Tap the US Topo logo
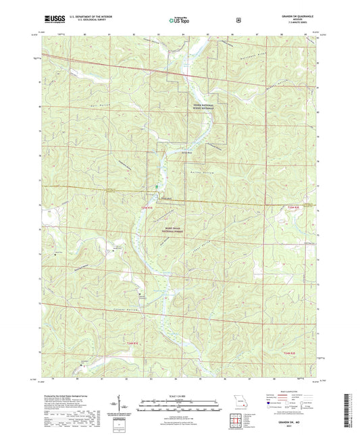[179, 20]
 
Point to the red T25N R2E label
[292, 207]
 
